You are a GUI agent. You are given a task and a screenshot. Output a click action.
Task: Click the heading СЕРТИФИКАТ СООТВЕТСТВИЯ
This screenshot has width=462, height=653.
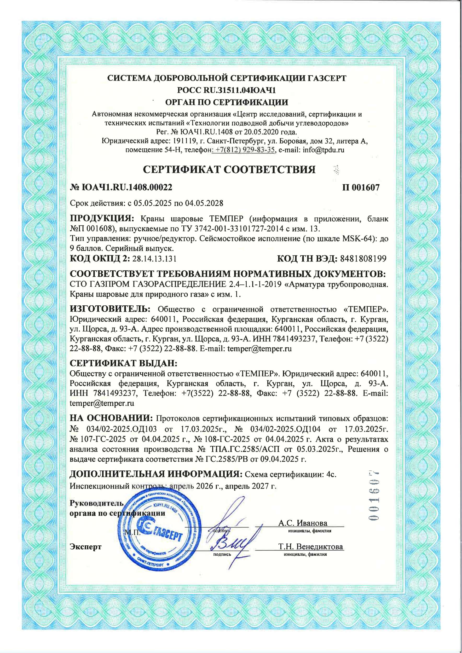coord(229,170)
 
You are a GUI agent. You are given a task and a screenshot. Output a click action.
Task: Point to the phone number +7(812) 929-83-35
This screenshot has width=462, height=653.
coord(245,150)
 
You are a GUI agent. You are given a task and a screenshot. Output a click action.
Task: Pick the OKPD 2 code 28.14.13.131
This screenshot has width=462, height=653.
coord(154,259)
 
